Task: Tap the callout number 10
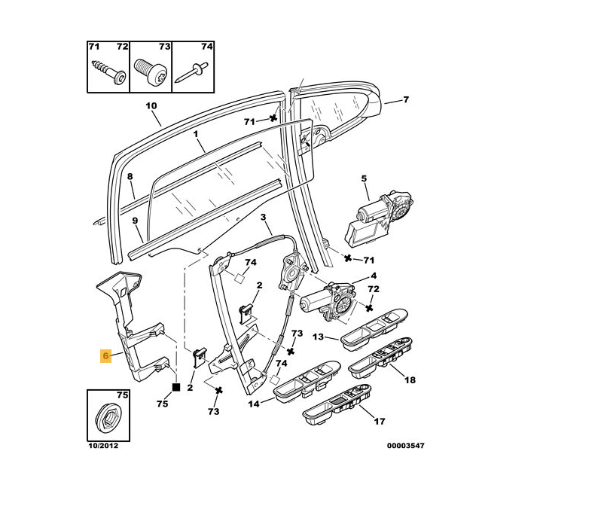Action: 151,105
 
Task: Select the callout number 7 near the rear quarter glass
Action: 405,99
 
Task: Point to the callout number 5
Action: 364,178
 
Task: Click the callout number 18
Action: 410,380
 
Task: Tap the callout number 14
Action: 254,404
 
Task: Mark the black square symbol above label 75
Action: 175,387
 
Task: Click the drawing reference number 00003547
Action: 406,446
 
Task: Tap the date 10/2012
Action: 103,446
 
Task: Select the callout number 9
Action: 135,221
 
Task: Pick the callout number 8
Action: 130,178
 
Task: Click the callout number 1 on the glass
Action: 195,136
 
